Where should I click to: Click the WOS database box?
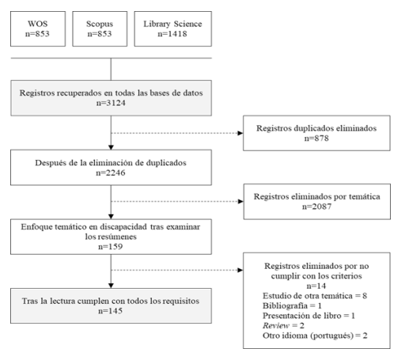[38, 28]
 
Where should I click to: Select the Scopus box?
[100, 28]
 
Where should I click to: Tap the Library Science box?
[173, 28]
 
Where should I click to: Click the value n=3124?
[111, 103]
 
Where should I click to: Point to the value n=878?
[316, 138]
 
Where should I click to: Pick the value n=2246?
[111, 172]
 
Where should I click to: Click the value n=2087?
[316, 207]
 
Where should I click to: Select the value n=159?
[111, 247]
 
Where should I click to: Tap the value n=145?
[111, 311]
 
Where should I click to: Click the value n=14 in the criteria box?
[316, 286]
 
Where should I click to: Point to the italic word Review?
[276, 326]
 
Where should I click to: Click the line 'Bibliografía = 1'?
[292, 305]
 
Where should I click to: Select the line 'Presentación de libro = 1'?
[308, 316]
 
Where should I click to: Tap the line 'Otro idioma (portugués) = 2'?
[315, 335]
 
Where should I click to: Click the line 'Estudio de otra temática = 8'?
[315, 296]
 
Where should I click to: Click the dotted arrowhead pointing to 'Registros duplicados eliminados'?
[240, 133]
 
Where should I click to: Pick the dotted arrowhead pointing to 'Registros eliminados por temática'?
[240, 202]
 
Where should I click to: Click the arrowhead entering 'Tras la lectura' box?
[111, 286]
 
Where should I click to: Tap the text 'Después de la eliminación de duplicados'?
[111, 163]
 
